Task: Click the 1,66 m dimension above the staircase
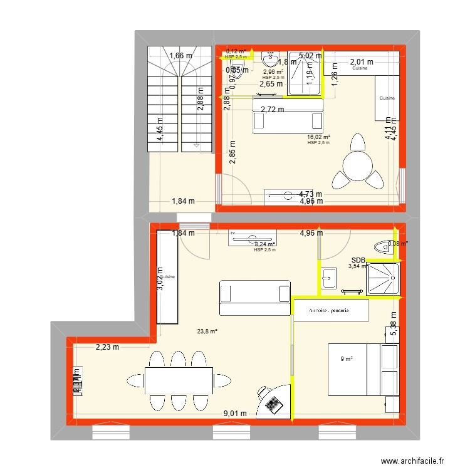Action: click(x=180, y=55)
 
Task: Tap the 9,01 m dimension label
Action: click(x=235, y=413)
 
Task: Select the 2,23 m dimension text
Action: click(x=107, y=348)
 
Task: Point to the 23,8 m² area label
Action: click(x=206, y=332)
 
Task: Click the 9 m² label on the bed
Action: click(x=347, y=359)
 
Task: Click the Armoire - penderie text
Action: click(x=329, y=310)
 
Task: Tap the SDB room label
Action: click(x=358, y=260)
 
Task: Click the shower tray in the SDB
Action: click(x=382, y=278)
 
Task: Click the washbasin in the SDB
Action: click(x=329, y=276)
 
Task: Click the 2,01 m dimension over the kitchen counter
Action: click(x=361, y=62)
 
